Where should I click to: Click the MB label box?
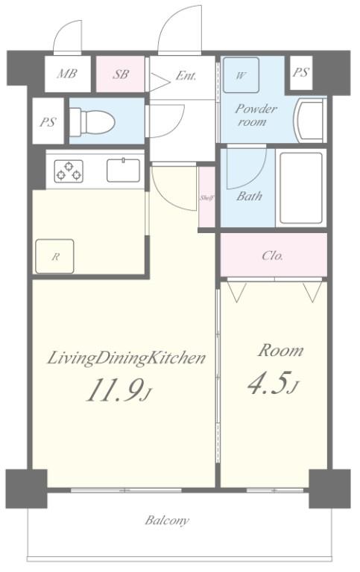coord(68,74)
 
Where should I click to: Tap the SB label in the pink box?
coord(121,74)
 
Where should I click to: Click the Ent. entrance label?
coord(186,76)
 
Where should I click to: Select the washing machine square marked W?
coord(241,75)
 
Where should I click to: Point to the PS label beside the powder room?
coord(301,72)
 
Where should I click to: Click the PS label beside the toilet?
coord(48,121)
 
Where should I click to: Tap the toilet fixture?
coord(92,121)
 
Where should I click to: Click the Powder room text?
coord(256,115)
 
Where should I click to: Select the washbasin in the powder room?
coord(311,121)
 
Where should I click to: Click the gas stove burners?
coord(69,171)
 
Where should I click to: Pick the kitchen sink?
coord(124,170)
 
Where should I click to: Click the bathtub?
coord(301,188)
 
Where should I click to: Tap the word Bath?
coord(250,197)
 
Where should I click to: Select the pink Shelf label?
coord(206,198)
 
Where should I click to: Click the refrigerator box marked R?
coord(54,256)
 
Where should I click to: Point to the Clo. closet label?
coord(273,255)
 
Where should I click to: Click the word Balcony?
coord(167,520)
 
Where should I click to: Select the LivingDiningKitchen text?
coord(126,358)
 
